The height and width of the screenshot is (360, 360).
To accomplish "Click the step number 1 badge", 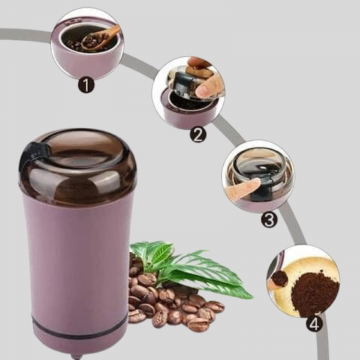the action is click(x=86, y=85).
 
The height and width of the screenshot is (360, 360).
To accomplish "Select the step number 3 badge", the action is click(x=269, y=220).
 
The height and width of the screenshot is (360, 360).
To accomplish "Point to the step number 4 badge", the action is click(x=314, y=324).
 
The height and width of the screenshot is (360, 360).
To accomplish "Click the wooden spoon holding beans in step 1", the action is click(x=100, y=39).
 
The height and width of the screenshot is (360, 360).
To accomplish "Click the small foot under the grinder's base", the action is click(x=76, y=357).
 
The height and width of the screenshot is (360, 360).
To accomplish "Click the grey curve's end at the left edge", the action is click(x=1, y=34).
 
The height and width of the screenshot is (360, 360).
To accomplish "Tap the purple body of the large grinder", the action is click(x=78, y=264).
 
